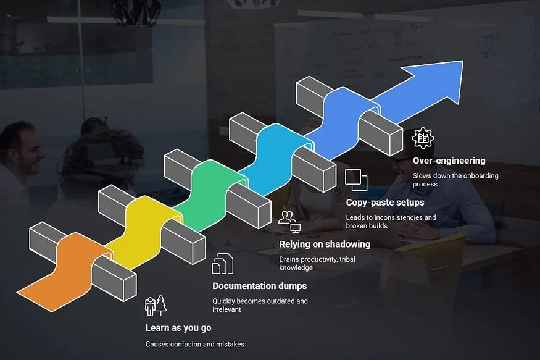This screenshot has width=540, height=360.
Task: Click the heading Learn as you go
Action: pyautogui.click(x=178, y=328)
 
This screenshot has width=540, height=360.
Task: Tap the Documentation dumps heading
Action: pyautogui.click(x=259, y=286)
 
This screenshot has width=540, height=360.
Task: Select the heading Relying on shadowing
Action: pyautogui.click(x=325, y=245)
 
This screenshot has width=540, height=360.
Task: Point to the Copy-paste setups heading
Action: pyautogui.click(x=385, y=203)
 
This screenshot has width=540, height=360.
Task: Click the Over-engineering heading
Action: pyautogui.click(x=449, y=161)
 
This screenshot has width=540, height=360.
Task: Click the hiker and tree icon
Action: pyautogui.click(x=156, y=305)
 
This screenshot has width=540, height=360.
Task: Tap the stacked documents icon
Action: pyautogui.click(x=222, y=264)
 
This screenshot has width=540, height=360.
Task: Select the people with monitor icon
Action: pyautogui.click(x=289, y=222)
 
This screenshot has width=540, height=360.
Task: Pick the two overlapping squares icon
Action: pyautogui.click(x=356, y=180)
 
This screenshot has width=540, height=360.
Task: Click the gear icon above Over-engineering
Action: pyautogui.click(x=423, y=138)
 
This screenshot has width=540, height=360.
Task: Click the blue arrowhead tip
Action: pyautogui.click(x=463, y=61)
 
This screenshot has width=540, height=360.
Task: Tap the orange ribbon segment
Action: pyautogui.click(x=65, y=272)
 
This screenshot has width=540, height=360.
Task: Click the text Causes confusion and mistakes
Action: pyautogui.click(x=195, y=344)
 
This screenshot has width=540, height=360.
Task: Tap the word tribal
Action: pyautogui.click(x=347, y=259)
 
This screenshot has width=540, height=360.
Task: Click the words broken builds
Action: pyautogui.click(x=367, y=226)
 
